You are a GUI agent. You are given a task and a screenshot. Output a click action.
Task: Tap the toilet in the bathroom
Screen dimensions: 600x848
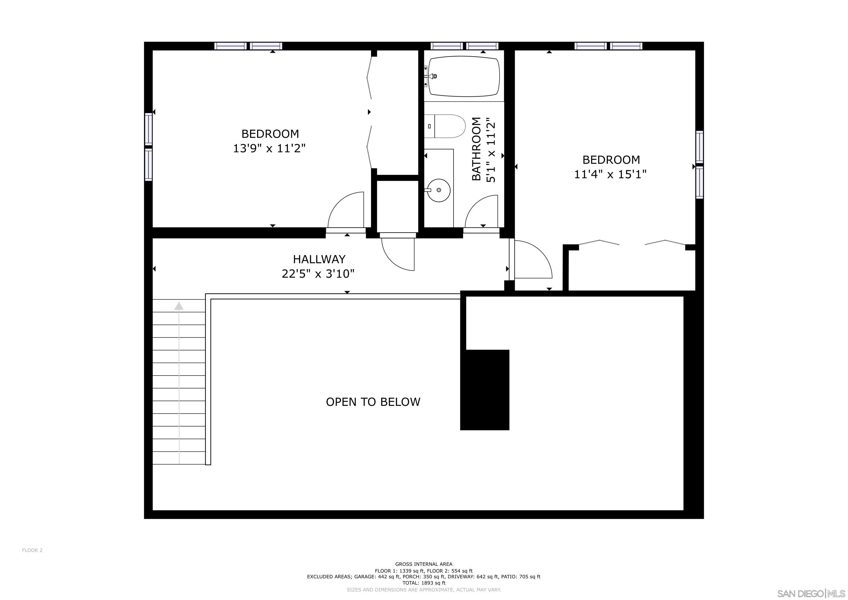(445, 126)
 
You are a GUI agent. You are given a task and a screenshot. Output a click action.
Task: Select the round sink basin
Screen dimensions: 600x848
(439, 190)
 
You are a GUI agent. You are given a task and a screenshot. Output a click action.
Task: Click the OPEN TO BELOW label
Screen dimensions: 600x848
(373, 402)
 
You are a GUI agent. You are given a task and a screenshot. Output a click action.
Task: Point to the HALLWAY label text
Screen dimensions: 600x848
(319, 259)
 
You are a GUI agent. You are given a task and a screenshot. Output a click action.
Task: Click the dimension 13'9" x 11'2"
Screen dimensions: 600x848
(269, 149)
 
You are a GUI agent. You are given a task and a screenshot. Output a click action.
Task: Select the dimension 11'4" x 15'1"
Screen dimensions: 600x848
(610, 174)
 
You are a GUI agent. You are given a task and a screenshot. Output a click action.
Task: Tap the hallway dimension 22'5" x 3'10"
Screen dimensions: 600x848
(318, 274)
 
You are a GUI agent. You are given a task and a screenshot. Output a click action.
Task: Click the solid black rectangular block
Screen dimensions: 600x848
(485, 390)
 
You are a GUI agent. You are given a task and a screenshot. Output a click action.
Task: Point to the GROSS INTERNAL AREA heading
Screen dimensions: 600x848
(424, 564)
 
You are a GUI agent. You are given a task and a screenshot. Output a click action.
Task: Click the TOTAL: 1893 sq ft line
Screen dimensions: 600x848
(424, 583)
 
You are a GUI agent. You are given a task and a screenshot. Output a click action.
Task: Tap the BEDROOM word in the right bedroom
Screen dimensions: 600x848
(611, 160)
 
